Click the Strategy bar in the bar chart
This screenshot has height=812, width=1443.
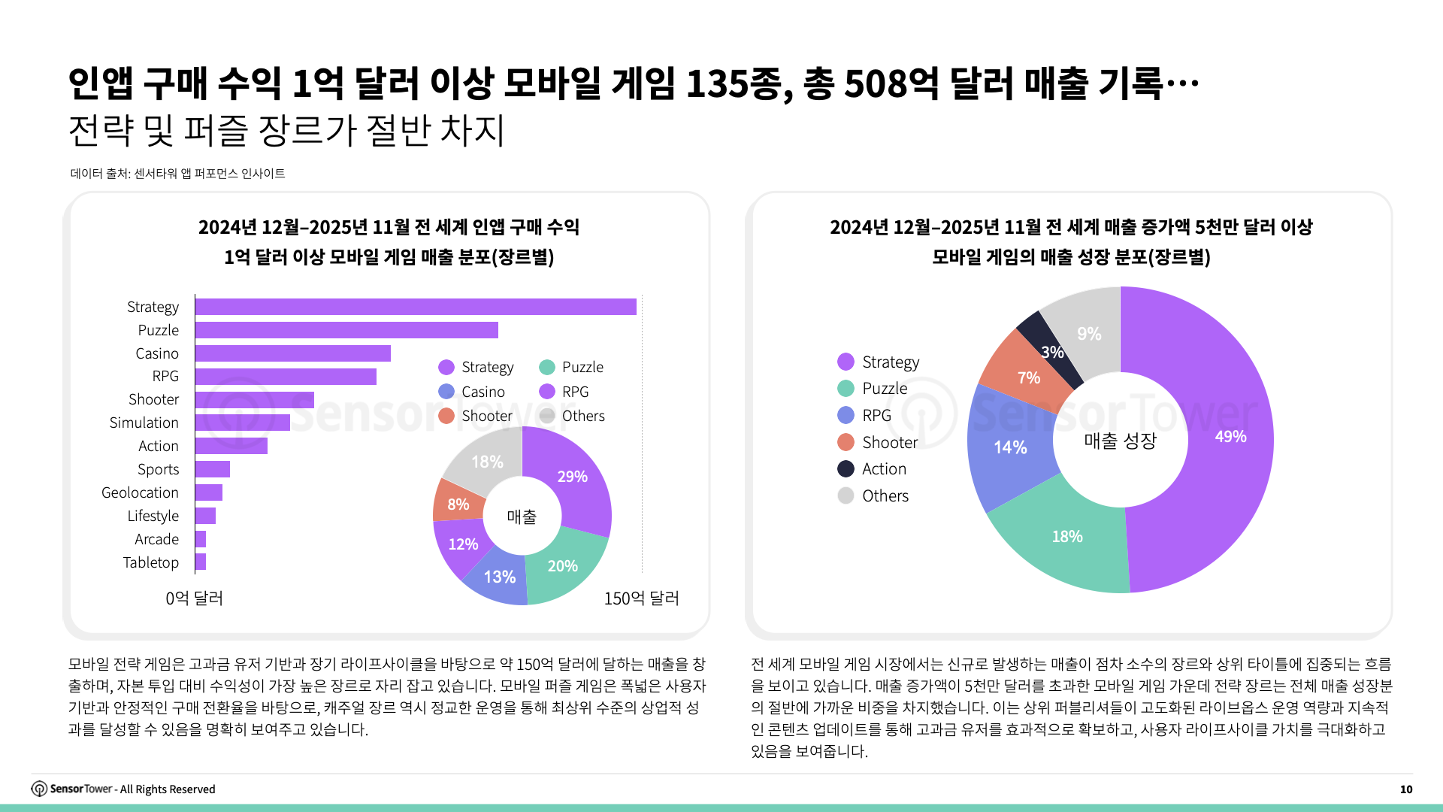click(415, 307)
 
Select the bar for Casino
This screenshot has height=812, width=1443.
click(292, 353)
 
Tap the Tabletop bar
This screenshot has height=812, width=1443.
click(200, 562)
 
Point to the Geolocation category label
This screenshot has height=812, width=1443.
click(140, 492)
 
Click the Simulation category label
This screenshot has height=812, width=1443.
click(144, 423)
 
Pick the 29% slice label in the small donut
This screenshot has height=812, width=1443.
click(572, 477)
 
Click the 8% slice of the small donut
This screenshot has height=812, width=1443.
click(458, 504)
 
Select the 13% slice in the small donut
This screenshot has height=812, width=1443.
click(499, 577)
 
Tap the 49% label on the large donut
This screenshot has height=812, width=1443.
click(1230, 437)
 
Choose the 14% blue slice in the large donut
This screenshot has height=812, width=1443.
click(1009, 448)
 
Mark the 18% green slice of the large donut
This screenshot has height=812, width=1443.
click(1066, 537)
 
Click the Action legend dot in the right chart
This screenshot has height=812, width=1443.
click(846, 469)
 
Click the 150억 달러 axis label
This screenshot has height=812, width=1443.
click(641, 598)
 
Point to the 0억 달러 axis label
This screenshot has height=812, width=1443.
click(194, 598)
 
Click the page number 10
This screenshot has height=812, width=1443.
click(1405, 789)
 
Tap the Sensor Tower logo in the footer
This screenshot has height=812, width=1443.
click(39, 789)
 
